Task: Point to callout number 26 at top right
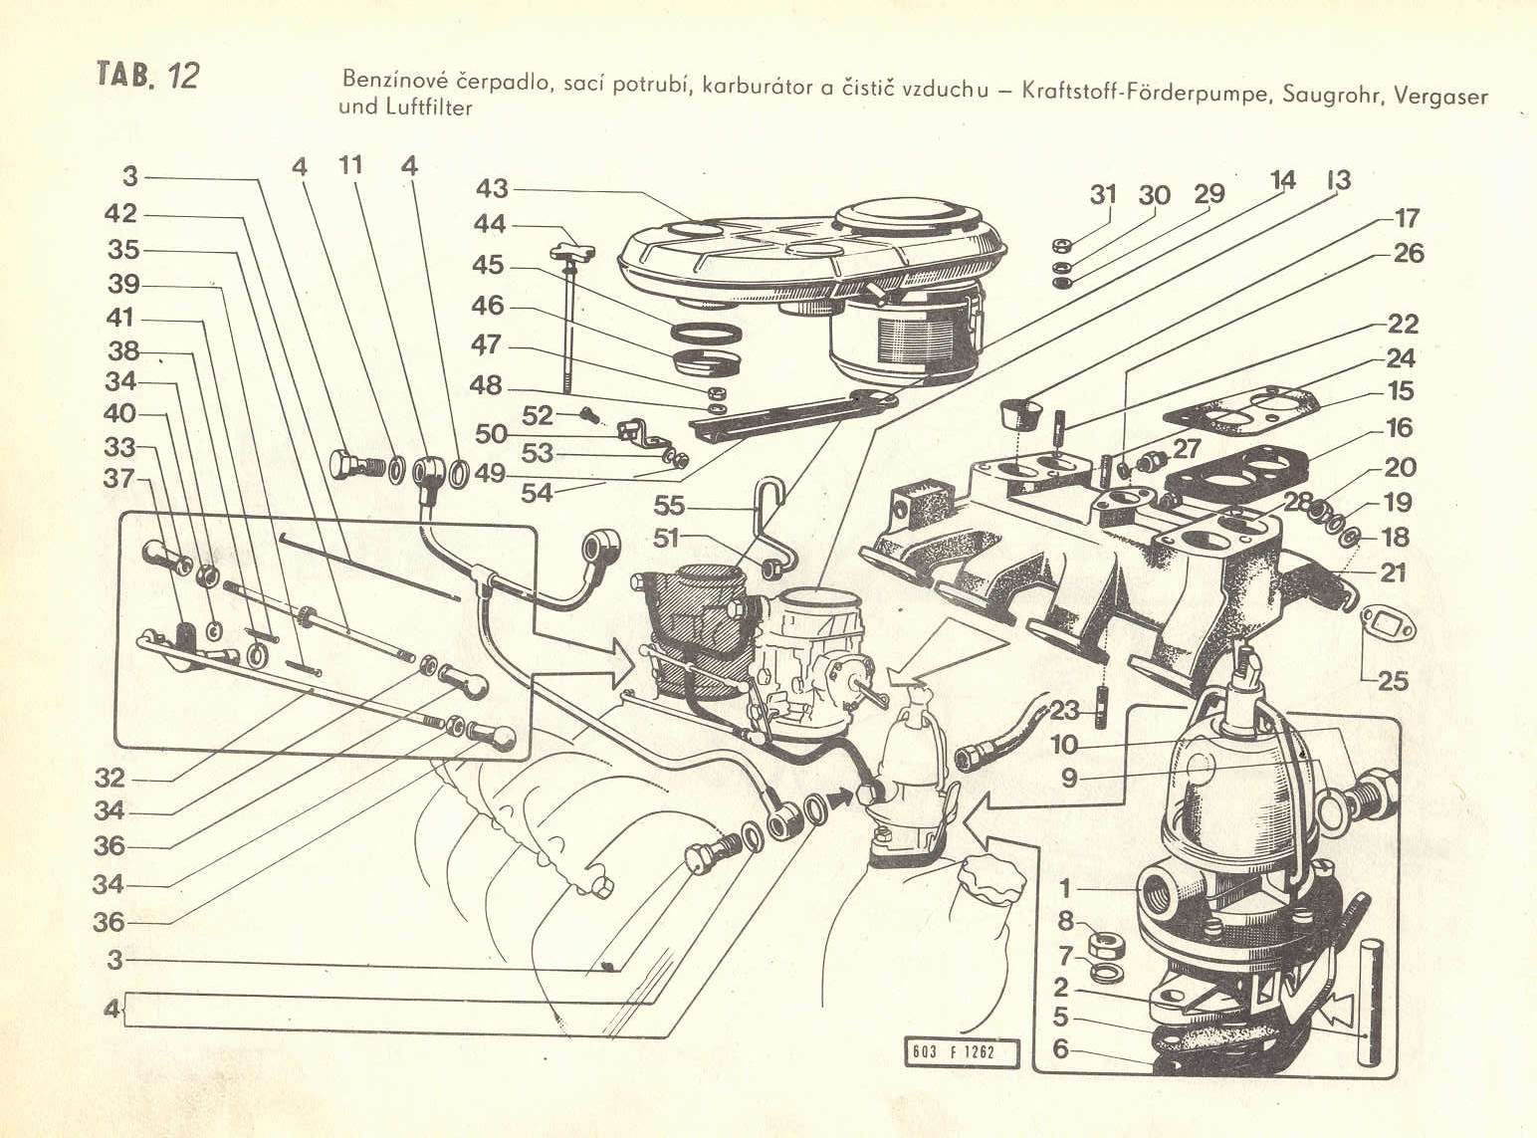pyautogui.click(x=1408, y=255)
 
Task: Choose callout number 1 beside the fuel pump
pyautogui.click(x=1065, y=887)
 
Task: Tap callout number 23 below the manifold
pyautogui.click(x=1062, y=712)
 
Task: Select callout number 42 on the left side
pyautogui.click(x=124, y=215)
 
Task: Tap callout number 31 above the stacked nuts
pyautogui.click(x=1102, y=195)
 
